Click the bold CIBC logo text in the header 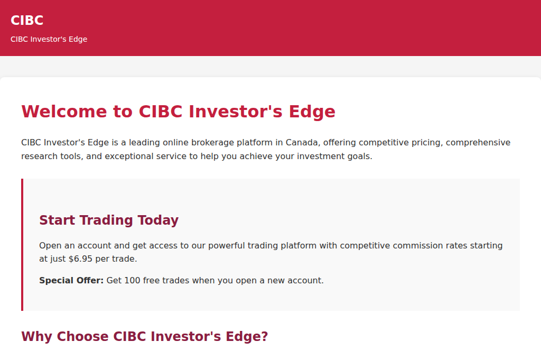pyautogui.click(x=27, y=20)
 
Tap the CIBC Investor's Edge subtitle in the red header pyautogui.click(x=49, y=39)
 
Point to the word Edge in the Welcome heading pyautogui.click(x=312, y=112)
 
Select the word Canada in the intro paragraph pyautogui.click(x=302, y=143)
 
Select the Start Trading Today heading pyautogui.click(x=109, y=220)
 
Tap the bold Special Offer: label pyautogui.click(x=71, y=280)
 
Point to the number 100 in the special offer pyautogui.click(x=132, y=280)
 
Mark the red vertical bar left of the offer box pyautogui.click(x=22, y=245)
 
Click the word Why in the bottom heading pyautogui.click(x=37, y=337)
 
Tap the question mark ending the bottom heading pyautogui.click(x=264, y=337)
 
